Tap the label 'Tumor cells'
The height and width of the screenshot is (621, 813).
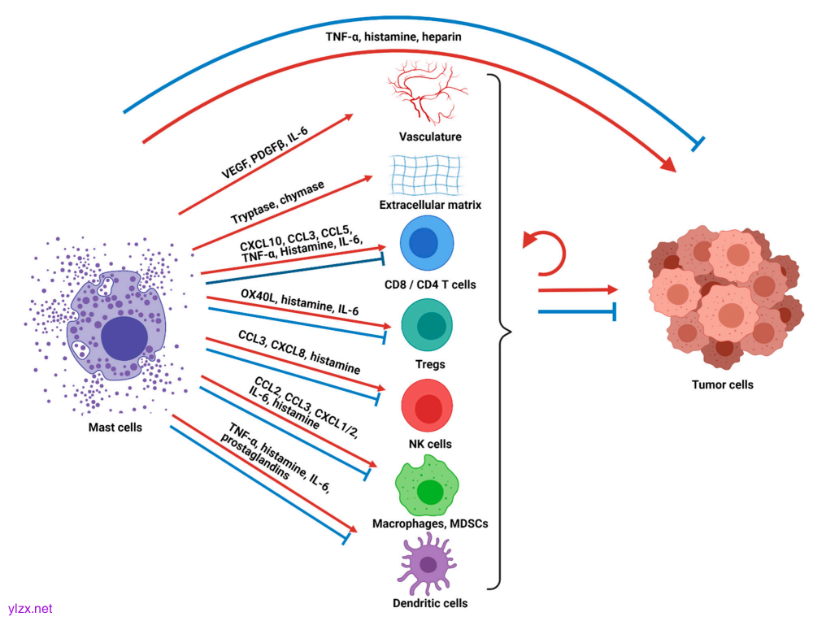point(723,384)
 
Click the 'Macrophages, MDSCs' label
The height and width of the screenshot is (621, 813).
point(429,523)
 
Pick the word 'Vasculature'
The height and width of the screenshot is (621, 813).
point(430,136)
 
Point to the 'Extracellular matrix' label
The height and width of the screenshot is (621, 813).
point(430,205)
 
